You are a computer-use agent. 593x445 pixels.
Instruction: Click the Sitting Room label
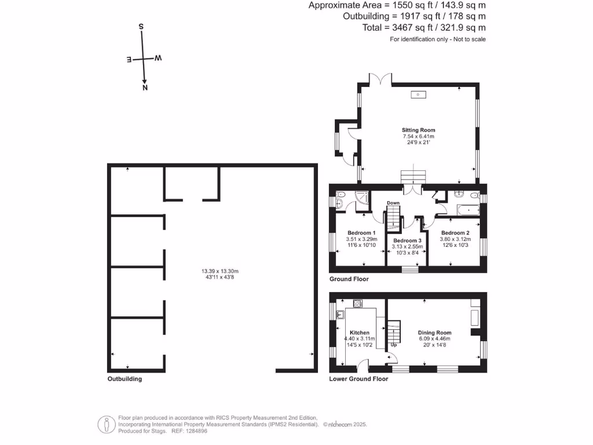coord(419,130)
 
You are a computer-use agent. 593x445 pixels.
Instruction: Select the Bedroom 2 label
coord(454,233)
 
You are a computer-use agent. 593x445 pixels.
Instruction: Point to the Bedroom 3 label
coord(407,240)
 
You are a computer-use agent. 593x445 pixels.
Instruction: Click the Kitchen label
coord(359,333)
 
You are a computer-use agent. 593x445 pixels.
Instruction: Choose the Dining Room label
coord(435,333)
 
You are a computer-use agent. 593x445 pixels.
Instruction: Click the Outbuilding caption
coord(125,379)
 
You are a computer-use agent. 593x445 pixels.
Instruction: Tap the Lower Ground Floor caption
coord(358,379)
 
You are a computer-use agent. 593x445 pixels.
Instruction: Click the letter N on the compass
coord(145,88)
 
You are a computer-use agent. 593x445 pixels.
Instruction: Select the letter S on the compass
coord(141,27)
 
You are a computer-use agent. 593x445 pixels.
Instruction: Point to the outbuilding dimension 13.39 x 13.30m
coord(220,271)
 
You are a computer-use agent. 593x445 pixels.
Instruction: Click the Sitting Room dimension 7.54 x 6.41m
coord(419,136)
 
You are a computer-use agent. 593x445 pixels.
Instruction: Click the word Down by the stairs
coord(393,203)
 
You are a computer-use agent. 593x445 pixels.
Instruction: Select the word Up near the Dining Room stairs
coord(394,345)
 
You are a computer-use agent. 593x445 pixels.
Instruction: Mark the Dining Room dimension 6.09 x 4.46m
coord(435,339)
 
